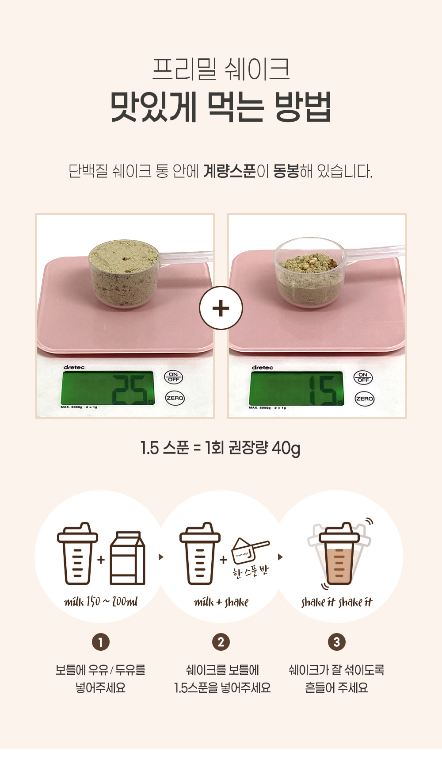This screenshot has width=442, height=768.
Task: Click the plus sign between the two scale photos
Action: coord(221,308)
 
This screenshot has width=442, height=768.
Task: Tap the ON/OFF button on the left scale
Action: coord(173,377)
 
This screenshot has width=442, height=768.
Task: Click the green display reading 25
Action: coord(108,388)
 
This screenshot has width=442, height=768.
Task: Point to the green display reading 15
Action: coord(297,388)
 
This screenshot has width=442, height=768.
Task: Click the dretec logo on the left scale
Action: coord(74,367)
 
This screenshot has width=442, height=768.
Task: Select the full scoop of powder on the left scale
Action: coord(124,273)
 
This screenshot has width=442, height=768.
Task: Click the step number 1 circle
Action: coord(101,642)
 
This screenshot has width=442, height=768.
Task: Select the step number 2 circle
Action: coord(221,642)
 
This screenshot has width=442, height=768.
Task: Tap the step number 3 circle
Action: coord(337,642)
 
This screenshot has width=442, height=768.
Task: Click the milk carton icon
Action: coord(127,558)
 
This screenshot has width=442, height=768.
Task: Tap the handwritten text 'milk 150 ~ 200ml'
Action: coord(101,602)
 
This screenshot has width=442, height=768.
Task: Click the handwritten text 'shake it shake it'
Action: coord(337,602)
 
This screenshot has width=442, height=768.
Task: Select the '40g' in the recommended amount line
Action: coord(286,448)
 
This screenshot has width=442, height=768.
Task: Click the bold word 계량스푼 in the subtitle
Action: coord(230,171)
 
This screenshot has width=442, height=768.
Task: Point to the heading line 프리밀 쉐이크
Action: coord(221,69)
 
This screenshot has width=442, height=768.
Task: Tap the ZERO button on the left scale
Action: coord(175,398)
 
